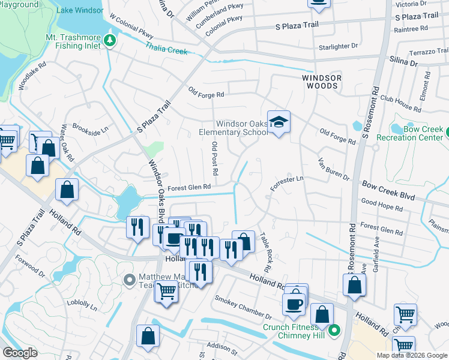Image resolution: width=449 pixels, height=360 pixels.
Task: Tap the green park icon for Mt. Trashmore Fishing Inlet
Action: click(109, 40)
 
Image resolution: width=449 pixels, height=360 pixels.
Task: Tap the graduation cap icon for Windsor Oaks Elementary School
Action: click(279, 122)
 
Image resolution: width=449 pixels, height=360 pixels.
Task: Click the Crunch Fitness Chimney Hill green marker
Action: click(334, 330)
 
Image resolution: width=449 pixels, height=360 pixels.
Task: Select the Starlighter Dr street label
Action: click(338, 46)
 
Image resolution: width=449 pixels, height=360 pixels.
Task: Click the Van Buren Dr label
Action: click(333, 169)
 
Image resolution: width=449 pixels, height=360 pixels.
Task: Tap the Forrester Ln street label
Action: click(287, 183)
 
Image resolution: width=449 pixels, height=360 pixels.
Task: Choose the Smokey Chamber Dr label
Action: click(244, 307)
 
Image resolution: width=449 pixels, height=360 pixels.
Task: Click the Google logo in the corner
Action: click(20, 353)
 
